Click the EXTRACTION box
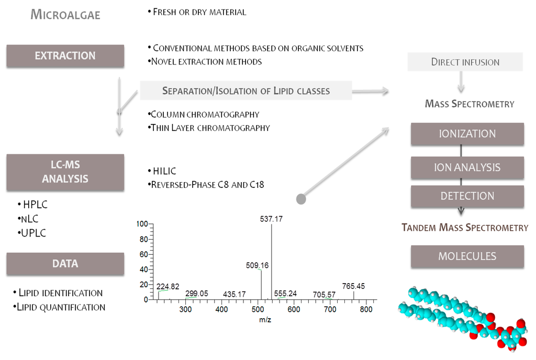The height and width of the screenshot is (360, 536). (65, 55)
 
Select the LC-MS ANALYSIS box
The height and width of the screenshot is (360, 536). (65, 172)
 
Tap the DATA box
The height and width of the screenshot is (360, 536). (65, 264)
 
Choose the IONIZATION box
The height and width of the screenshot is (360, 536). (467, 134)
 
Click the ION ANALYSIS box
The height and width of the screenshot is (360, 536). (467, 168)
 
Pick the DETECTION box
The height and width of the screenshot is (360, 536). (467, 196)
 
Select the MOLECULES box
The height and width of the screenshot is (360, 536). (467, 256)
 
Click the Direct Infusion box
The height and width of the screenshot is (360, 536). (465, 62)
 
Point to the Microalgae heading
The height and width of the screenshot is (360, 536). (65, 15)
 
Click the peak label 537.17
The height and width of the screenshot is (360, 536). (271, 219)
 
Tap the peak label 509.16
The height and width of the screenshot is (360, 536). (257, 265)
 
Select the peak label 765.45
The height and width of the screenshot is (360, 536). (353, 286)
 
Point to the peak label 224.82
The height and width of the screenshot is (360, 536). (167, 286)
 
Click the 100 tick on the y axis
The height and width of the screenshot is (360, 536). (142, 224)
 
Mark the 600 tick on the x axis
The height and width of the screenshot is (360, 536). (294, 309)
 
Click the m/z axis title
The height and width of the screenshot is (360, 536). (264, 319)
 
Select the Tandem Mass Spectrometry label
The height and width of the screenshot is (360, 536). (465, 228)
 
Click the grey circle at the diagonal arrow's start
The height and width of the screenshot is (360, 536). (301, 199)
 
